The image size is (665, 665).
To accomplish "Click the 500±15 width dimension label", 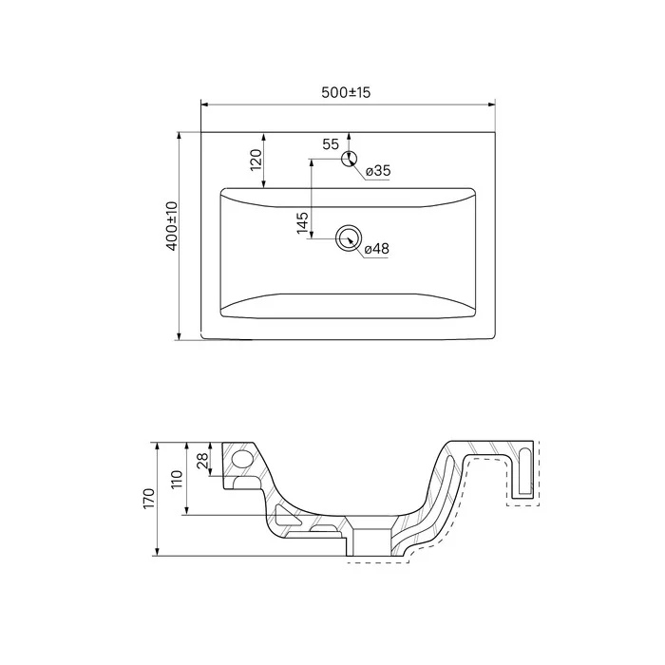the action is pyautogui.click(x=346, y=92).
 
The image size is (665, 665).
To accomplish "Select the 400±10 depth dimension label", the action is pyautogui.click(x=173, y=226).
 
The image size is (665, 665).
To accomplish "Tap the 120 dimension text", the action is pyautogui.click(x=256, y=160).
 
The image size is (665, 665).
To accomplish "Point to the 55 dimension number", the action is pyautogui.click(x=331, y=144).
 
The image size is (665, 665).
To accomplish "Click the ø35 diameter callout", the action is pyautogui.click(x=377, y=170).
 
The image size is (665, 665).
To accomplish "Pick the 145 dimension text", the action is pyautogui.click(x=302, y=222).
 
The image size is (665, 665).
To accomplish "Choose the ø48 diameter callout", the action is pyautogui.click(x=376, y=249).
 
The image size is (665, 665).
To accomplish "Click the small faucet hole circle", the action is pyautogui.click(x=349, y=159).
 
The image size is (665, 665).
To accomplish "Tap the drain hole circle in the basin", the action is pyautogui.click(x=349, y=238).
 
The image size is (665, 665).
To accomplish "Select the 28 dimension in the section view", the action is pyautogui.click(x=202, y=460).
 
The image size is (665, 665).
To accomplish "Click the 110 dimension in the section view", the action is pyautogui.click(x=177, y=479).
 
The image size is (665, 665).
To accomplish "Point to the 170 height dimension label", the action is pyautogui.click(x=149, y=499).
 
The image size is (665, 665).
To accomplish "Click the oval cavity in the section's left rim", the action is pyautogui.click(x=242, y=459).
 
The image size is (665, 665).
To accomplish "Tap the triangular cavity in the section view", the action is pyautogui.click(x=285, y=515).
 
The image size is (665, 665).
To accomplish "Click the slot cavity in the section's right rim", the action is pyautogui.click(x=525, y=471).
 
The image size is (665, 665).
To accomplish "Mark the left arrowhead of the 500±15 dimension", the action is pyautogui.click(x=204, y=104).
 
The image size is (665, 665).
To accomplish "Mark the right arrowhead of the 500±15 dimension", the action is pyautogui.click(x=492, y=104).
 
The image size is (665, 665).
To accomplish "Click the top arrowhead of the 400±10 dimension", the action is pyautogui.click(x=179, y=135).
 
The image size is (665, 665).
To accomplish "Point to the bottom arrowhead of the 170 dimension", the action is pyautogui.click(x=158, y=552).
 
